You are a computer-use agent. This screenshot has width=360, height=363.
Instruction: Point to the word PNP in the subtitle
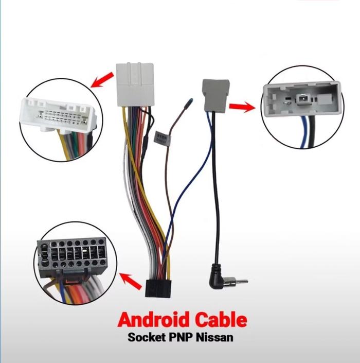181,339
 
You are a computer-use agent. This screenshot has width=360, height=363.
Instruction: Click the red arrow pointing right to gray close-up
242,107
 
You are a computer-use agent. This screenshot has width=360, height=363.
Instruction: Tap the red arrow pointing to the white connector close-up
102,80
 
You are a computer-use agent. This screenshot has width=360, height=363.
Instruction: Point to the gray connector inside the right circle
303,99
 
